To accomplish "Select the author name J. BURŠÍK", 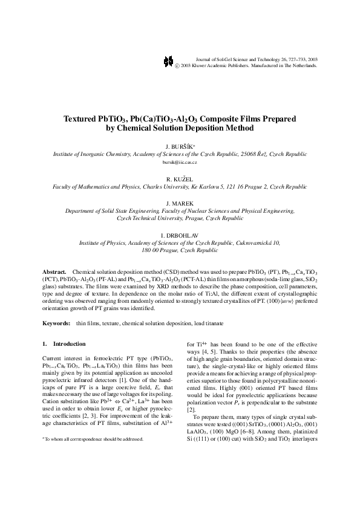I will pyautogui.click(x=179, y=147).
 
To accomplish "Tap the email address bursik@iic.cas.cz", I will pyautogui.click(x=180, y=163).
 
